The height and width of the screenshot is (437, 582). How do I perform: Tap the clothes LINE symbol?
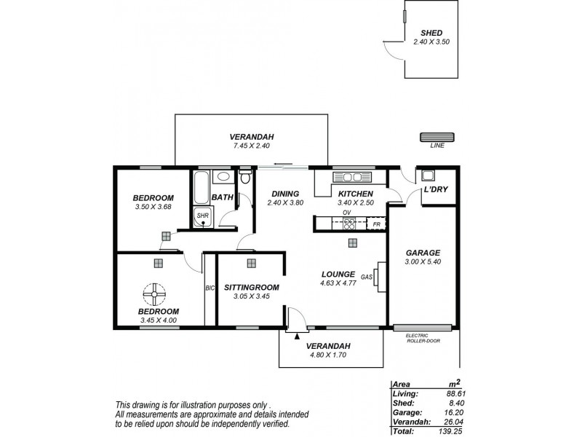pos(437,136)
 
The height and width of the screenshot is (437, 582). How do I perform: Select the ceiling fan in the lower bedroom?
pos(155,294)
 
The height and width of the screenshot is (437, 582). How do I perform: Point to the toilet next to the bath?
pos(245,178)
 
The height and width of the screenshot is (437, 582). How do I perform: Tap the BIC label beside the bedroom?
pos(210,288)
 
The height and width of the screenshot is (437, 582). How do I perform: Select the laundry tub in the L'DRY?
pos(426,176)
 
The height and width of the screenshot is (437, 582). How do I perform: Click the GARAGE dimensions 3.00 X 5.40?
pos(423,261)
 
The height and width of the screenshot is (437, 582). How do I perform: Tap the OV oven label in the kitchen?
pos(347,213)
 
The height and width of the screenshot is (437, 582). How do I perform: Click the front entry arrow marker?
pos(297,336)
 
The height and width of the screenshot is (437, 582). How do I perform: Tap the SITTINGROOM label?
pos(250,287)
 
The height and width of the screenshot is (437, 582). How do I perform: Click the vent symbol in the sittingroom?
pos(251,263)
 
